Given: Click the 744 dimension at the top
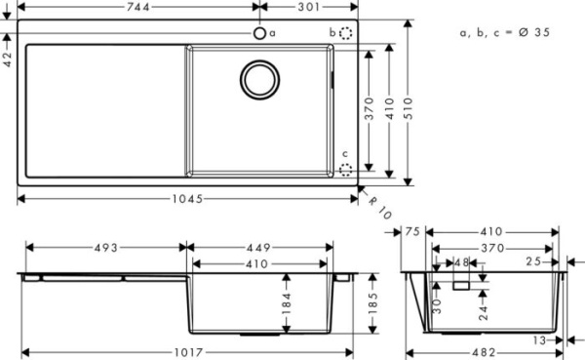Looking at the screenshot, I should [x=138, y=8].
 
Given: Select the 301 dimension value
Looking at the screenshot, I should [x=309, y=8].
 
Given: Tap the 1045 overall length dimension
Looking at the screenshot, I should [x=186, y=199].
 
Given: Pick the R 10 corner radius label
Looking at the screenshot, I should [x=377, y=204].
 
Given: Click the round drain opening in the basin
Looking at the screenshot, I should [x=260, y=78].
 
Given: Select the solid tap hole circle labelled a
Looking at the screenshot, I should [x=260, y=33].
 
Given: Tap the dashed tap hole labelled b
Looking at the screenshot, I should [x=346, y=33].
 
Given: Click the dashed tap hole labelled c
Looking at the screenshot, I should [x=346, y=167].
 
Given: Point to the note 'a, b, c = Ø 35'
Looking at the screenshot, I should [x=505, y=32].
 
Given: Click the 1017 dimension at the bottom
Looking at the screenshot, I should [x=186, y=352].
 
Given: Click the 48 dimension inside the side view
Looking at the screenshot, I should [x=462, y=262].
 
